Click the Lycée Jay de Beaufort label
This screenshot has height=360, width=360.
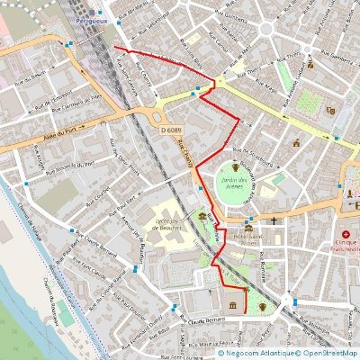coord(169,224)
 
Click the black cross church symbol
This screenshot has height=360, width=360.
coord(273,220)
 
